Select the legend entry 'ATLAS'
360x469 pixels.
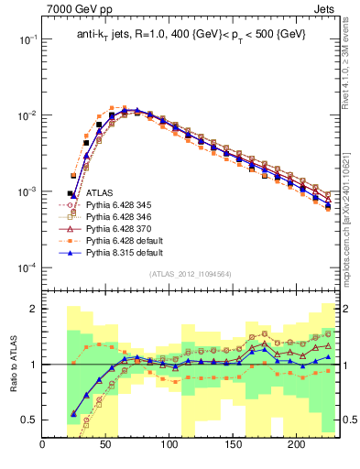point(99,193)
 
